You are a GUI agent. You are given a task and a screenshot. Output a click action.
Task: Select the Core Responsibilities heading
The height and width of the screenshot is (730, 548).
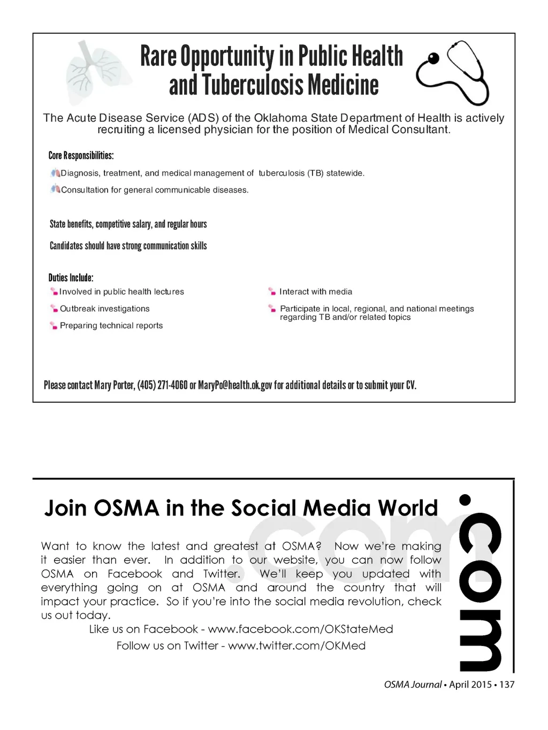point(81,156)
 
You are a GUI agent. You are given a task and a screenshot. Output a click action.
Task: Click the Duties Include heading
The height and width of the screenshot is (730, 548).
point(71,278)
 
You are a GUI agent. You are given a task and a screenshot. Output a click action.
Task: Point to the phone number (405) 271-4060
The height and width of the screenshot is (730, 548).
point(162,385)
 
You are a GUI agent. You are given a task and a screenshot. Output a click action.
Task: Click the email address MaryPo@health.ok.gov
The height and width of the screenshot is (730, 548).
point(235,385)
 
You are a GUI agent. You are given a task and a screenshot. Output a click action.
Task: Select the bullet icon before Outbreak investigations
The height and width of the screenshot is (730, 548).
point(54,309)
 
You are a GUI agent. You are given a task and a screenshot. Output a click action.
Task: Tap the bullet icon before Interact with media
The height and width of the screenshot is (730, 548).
point(272,291)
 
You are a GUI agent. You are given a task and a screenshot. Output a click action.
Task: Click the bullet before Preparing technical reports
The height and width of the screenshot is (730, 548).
point(54,326)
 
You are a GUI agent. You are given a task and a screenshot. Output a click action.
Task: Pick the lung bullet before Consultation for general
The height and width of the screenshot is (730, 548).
point(55,189)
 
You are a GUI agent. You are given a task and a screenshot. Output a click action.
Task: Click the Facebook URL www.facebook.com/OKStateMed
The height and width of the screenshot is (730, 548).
point(300,629)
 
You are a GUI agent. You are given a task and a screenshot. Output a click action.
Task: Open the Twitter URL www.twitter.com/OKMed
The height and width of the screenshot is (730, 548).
point(296,646)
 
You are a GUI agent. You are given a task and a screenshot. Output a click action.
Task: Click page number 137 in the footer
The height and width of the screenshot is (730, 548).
point(507,685)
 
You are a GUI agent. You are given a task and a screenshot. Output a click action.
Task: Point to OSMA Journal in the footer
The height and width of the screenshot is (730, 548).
point(413,685)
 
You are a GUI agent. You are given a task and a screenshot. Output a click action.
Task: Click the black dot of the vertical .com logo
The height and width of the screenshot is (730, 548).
point(465,500)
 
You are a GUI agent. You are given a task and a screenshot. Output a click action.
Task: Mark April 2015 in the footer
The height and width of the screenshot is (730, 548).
point(470,685)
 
